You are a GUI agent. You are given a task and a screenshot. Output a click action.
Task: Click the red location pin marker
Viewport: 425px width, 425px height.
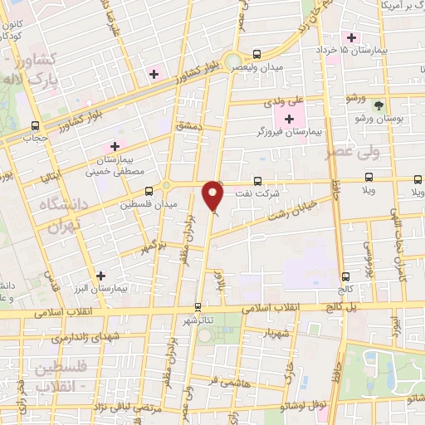point(214,196)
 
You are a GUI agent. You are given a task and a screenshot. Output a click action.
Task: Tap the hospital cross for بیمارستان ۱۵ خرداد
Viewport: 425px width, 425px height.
point(352,37)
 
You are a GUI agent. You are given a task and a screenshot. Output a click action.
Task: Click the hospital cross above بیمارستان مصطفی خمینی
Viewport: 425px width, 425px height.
point(115,147)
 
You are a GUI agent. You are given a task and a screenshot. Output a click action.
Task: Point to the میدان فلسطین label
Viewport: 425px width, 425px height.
point(148,203)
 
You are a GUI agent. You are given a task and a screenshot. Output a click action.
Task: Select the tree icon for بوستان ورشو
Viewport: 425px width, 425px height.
point(379,105)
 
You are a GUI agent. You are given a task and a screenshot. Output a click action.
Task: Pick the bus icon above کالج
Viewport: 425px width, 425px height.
point(345,276)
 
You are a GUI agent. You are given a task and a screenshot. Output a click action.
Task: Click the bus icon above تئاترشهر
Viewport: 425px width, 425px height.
point(198,306)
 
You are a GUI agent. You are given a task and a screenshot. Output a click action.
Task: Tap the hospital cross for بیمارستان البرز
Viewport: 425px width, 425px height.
point(101,276)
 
